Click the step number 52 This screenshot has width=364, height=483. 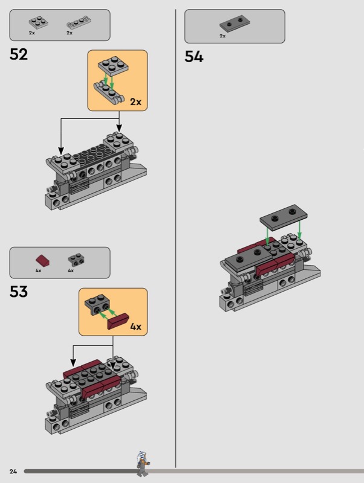[x=19, y=54]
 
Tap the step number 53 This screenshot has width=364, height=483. [x=19, y=292]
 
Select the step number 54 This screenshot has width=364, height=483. [x=193, y=57]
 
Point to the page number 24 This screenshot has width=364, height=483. [x=13, y=472]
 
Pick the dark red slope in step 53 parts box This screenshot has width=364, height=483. [x=42, y=261]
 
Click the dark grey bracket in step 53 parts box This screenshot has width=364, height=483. [x=76, y=260]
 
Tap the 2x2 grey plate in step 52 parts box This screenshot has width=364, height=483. [x=39, y=22]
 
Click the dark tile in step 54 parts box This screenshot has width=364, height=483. [x=235, y=24]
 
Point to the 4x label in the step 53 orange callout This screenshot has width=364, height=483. [x=135, y=327]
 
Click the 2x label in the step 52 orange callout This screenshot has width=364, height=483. [x=135, y=101]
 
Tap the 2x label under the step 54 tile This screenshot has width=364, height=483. [x=223, y=36]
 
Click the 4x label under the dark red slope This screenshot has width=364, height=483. [x=38, y=270]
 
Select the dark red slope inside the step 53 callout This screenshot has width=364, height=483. [x=118, y=321]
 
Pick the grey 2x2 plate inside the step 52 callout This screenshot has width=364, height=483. [x=113, y=66]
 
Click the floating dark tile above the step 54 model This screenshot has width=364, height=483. [x=284, y=217]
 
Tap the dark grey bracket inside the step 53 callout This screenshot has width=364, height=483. [x=97, y=305]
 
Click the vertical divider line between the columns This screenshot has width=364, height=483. [x=175, y=238]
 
